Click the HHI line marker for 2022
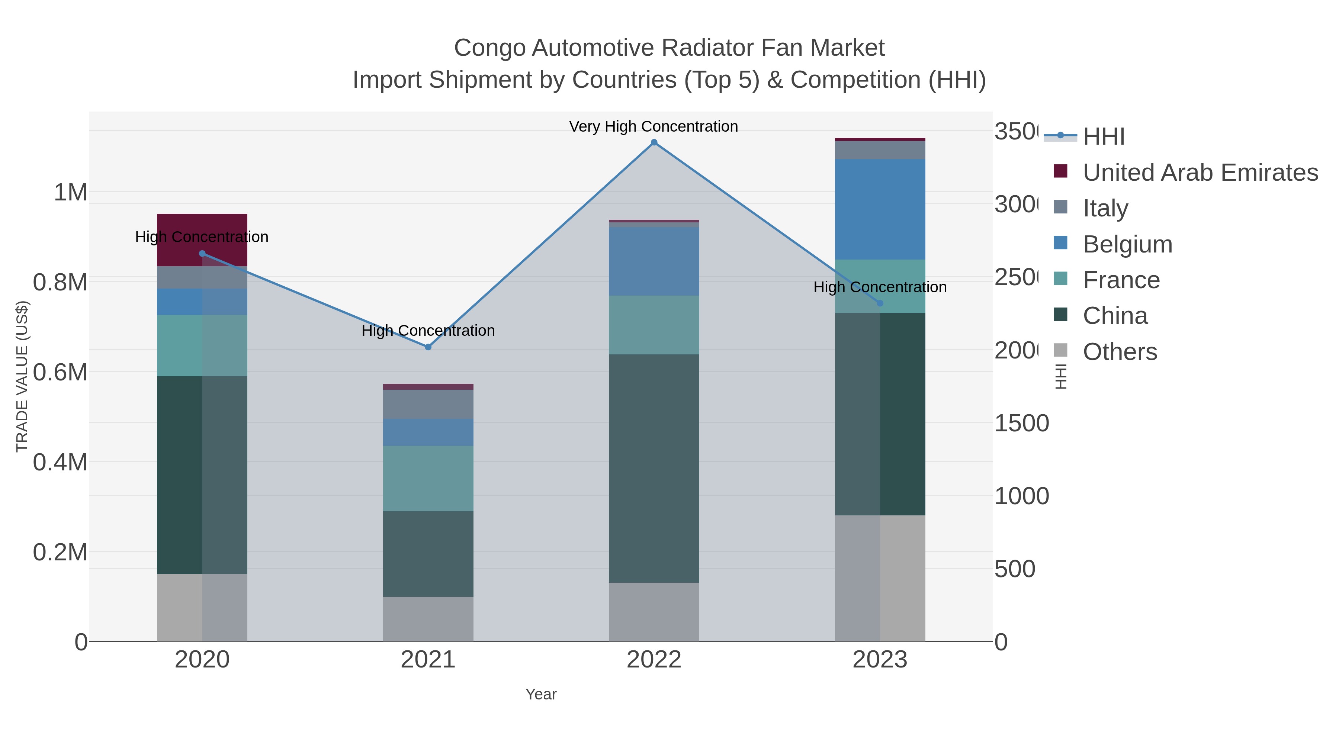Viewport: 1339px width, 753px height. click(654, 142)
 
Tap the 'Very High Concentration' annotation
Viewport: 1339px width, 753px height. click(654, 127)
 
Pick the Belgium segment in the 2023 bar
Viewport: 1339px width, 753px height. click(880, 209)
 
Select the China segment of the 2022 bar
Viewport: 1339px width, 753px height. click(654, 468)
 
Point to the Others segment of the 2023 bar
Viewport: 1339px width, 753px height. click(880, 578)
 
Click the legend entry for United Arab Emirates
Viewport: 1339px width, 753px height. click(1200, 173)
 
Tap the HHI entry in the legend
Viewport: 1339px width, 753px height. click(1104, 137)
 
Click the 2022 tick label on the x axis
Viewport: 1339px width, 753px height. click(654, 660)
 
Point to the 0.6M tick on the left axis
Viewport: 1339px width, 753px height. click(60, 373)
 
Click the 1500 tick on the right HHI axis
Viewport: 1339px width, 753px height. click(1021, 424)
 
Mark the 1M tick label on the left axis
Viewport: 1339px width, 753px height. click(71, 193)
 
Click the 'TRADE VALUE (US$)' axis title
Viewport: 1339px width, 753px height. click(22, 376)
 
